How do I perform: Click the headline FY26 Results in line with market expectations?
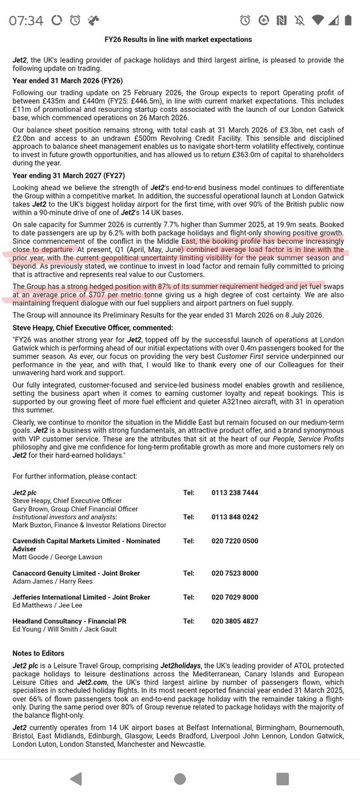tap(180, 40)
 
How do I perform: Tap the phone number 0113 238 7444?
tap(233, 493)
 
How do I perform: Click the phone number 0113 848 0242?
tap(233, 516)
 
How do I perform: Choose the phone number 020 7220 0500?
tap(233, 542)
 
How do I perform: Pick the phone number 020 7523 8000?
tap(233, 573)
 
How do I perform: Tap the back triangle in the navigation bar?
tap(76, 778)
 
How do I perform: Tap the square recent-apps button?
tap(283, 778)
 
